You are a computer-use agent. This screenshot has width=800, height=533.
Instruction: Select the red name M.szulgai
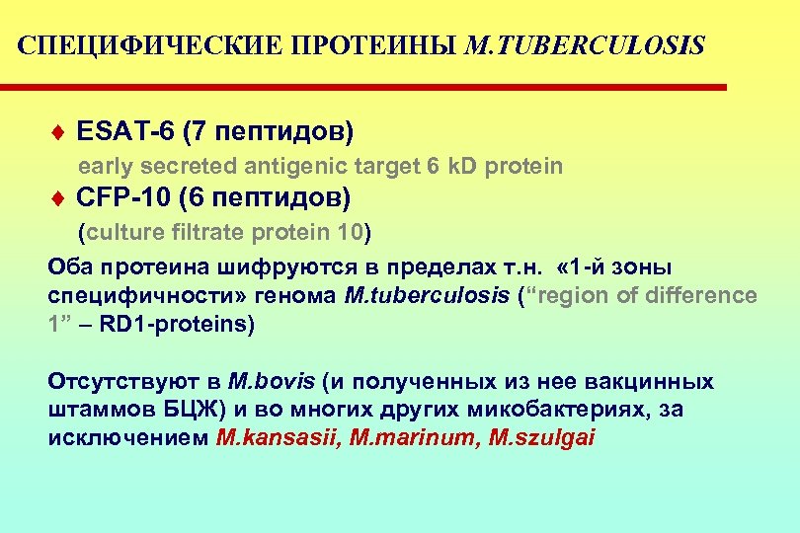point(542,438)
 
